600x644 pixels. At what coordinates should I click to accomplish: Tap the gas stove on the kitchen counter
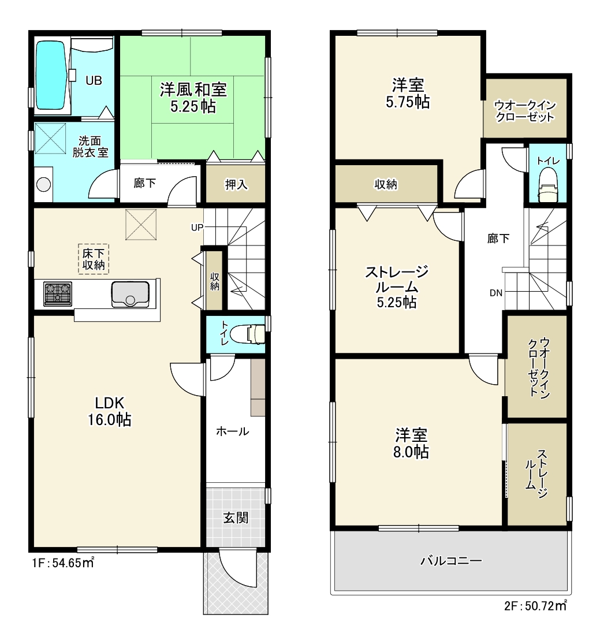point(58,293)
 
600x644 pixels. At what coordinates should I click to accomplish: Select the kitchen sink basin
point(130,294)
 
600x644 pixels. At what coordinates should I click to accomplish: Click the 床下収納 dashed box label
point(94,259)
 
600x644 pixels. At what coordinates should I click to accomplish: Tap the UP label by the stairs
point(197,227)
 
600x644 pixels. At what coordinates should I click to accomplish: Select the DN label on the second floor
point(495,293)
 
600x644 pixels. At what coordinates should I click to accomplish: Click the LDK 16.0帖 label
point(109,411)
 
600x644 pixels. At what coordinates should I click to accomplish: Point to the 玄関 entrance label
point(236,518)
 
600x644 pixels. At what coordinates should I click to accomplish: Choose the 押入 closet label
point(236,184)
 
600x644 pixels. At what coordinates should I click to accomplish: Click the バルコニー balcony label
point(451,561)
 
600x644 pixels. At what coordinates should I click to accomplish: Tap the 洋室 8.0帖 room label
point(411,443)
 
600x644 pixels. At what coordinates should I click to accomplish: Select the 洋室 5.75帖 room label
point(408,94)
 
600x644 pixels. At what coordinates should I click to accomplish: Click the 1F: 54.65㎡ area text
point(64,562)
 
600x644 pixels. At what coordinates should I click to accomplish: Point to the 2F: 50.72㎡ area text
point(535,605)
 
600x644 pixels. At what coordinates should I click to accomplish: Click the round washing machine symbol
point(43,184)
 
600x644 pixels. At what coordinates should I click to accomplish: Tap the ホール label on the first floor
point(233,431)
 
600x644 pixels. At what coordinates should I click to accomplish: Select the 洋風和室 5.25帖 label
point(193,98)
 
